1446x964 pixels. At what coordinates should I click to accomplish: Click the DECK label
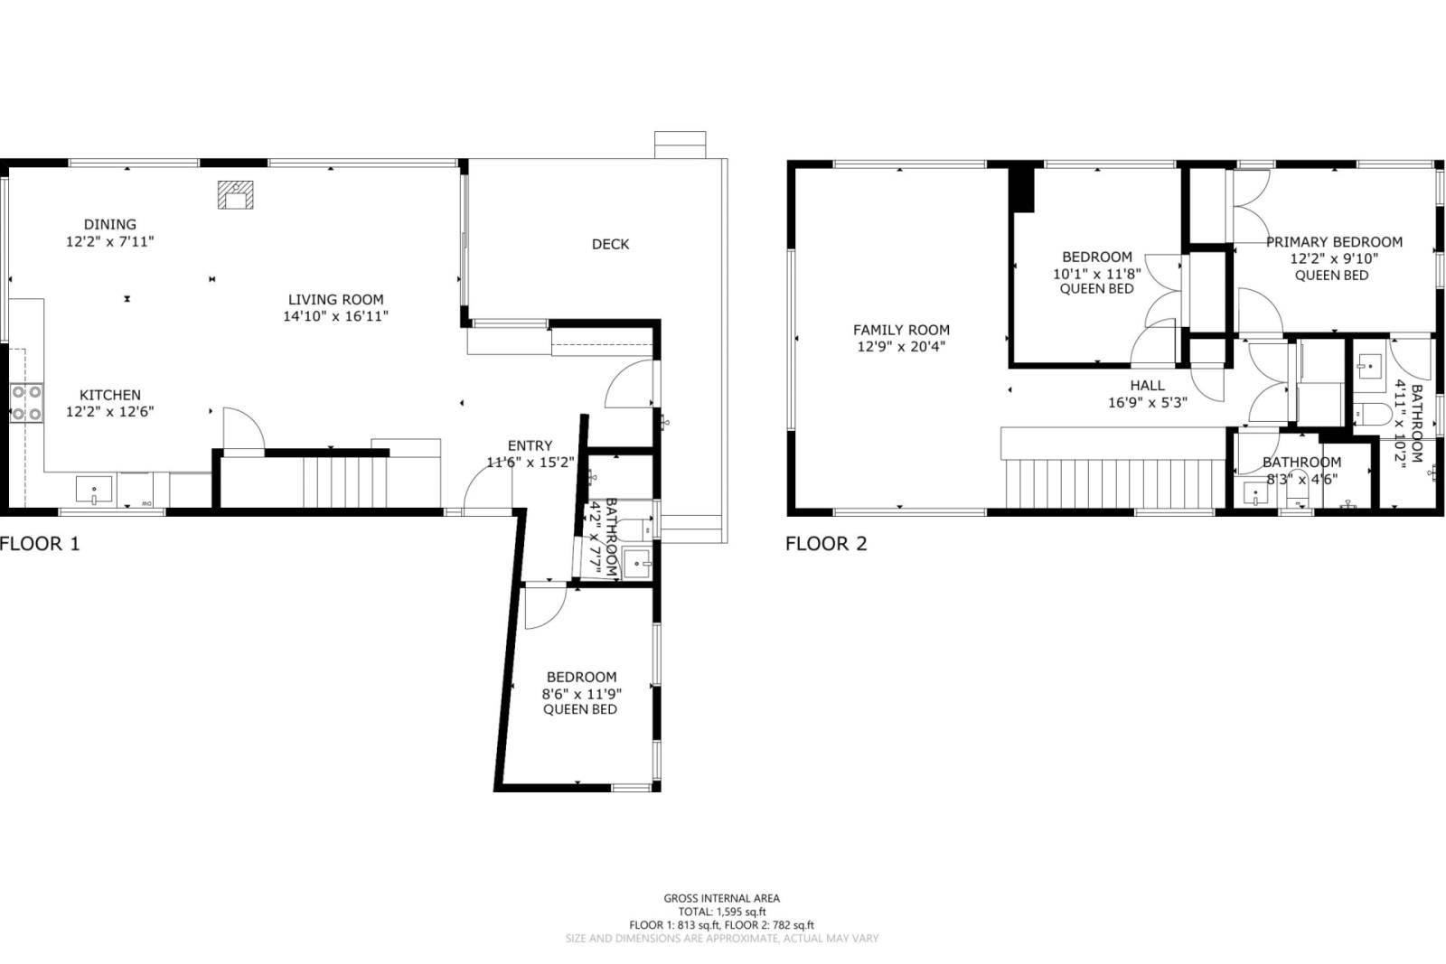pos(610,244)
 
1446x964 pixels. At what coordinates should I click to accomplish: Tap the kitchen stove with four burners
pos(26,403)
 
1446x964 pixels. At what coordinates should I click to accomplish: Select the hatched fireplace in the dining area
pos(235,195)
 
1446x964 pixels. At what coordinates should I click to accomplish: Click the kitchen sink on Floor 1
pos(94,490)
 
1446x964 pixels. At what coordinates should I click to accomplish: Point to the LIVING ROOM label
pos(335,299)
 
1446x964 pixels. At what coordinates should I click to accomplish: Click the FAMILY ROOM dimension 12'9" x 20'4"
pos(901,347)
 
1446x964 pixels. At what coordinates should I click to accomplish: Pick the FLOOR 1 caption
pos(40,544)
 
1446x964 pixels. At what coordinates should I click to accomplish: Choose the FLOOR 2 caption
pos(826,544)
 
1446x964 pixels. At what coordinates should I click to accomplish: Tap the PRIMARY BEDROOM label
pos(1334,242)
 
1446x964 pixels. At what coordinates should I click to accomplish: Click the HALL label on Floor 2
pos(1147,386)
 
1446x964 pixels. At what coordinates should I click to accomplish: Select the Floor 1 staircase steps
pos(345,482)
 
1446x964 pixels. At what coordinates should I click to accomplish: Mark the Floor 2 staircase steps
pos(1115,484)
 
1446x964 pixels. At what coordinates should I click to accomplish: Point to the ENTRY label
pos(530,445)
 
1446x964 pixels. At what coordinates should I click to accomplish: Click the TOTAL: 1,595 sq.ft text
pos(722,912)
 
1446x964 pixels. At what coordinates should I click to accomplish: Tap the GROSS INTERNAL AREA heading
pos(722,898)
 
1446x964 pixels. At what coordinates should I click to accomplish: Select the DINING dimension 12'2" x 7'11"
pos(109,241)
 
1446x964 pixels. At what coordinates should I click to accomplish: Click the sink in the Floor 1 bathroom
pos(637,563)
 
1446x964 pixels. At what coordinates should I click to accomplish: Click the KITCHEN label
pos(109,395)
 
